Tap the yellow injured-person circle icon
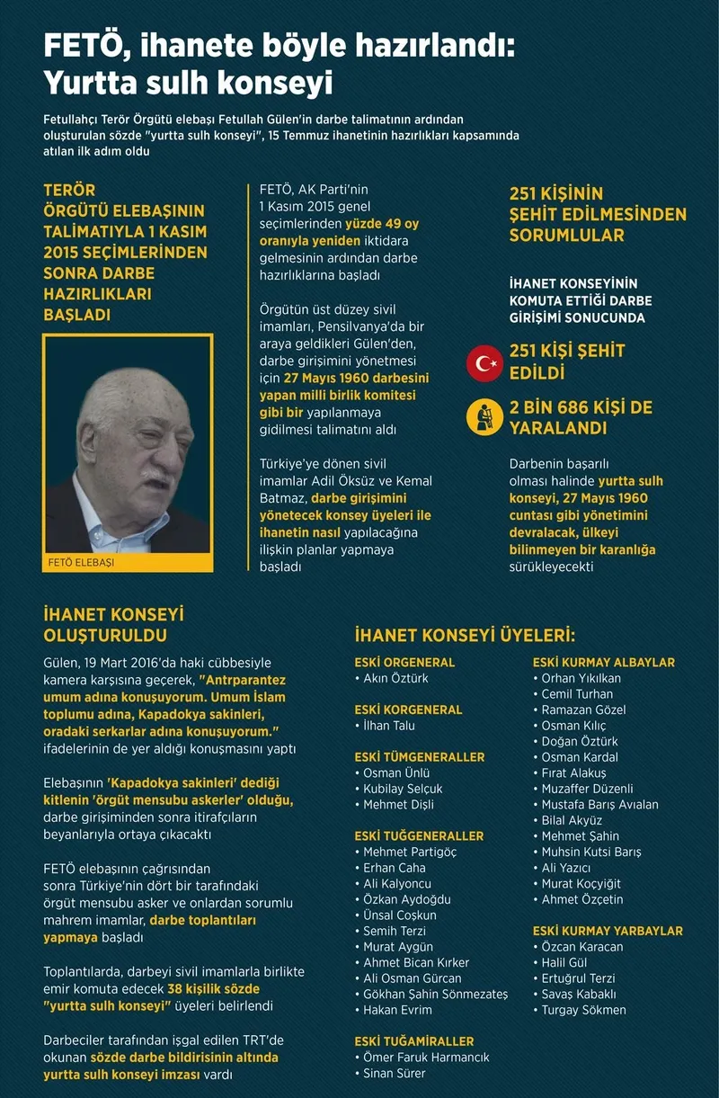[x=486, y=418]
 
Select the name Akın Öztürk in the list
[x=395, y=678]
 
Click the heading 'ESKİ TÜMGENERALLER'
[x=420, y=757]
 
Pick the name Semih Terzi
[x=395, y=931]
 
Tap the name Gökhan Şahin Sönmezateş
[x=435, y=994]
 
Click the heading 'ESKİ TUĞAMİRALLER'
[x=414, y=1041]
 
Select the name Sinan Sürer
[x=395, y=1073]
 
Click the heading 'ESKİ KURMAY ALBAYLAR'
[x=603, y=663]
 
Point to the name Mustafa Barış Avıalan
[x=599, y=805]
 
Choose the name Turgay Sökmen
[x=583, y=1010]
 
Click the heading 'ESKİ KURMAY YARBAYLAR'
[x=608, y=931]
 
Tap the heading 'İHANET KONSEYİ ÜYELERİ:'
[x=465, y=635]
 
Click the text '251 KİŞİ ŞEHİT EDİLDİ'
[x=566, y=362]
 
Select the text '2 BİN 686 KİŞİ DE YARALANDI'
[x=580, y=418]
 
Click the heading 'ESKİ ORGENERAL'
[x=404, y=663]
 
